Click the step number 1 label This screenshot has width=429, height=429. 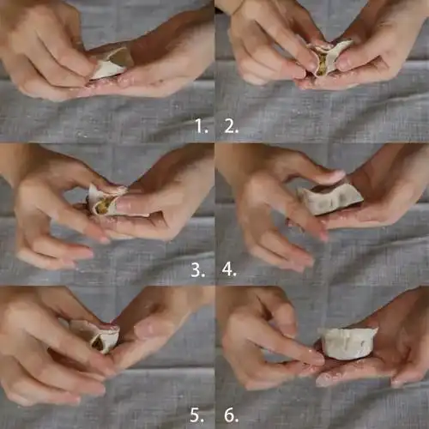point(201,126)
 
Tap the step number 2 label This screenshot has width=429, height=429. point(231,126)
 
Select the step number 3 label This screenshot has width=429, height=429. point(198,269)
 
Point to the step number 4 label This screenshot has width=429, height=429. point(229,269)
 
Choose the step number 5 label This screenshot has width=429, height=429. point(197,415)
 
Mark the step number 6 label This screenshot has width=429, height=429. point(231,415)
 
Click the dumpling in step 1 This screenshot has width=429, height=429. point(110,64)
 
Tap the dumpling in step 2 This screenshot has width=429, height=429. point(329,57)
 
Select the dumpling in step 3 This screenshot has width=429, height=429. point(106,200)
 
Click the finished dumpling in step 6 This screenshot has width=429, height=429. point(347,342)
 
